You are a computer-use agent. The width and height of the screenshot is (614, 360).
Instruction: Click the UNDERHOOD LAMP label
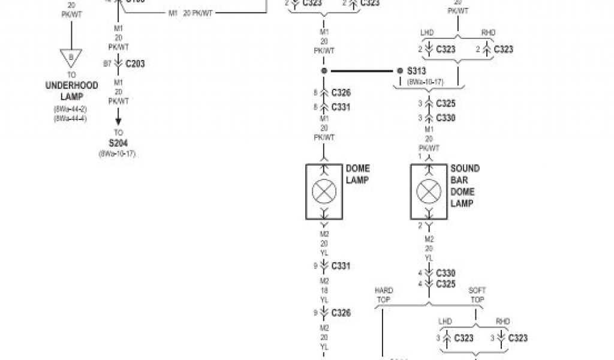(71, 91)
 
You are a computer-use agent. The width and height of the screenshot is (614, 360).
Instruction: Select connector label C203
(135, 64)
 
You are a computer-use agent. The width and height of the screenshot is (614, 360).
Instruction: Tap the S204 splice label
(118, 143)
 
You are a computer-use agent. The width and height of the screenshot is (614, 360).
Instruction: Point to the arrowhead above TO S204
(118, 120)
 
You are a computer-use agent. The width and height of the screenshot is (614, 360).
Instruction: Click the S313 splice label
(416, 71)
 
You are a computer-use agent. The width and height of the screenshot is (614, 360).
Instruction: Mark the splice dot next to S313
(400, 71)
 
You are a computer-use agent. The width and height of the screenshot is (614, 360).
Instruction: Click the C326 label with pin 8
(339, 93)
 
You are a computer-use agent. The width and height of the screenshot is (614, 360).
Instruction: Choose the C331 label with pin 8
(339, 107)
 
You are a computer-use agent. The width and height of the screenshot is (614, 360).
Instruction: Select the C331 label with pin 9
(339, 266)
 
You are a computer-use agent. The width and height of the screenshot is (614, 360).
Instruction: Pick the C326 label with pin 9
(339, 313)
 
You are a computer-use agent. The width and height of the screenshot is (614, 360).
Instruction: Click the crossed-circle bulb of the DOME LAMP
(324, 192)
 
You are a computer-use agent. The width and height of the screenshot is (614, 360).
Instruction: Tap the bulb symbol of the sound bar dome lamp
(428, 192)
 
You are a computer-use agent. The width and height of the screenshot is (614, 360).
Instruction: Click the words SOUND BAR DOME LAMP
(465, 186)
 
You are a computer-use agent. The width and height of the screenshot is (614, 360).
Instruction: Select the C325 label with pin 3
(446, 104)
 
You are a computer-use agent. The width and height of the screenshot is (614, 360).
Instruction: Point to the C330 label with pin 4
(446, 273)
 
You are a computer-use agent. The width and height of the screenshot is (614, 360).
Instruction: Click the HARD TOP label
(384, 295)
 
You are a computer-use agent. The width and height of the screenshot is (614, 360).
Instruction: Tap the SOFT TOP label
(477, 295)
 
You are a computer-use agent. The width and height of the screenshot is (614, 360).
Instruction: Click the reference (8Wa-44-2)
(71, 109)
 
